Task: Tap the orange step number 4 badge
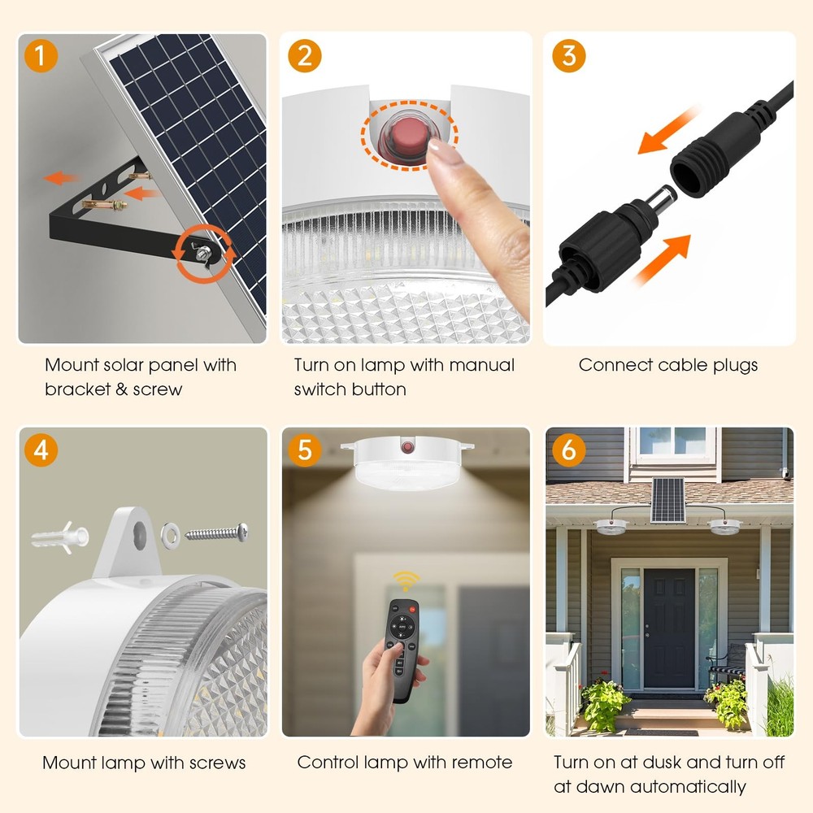click(41, 450)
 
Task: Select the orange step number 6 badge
click(568, 450)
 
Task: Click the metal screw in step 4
click(216, 533)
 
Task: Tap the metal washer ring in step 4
click(172, 534)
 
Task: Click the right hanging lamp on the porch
click(723, 526)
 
